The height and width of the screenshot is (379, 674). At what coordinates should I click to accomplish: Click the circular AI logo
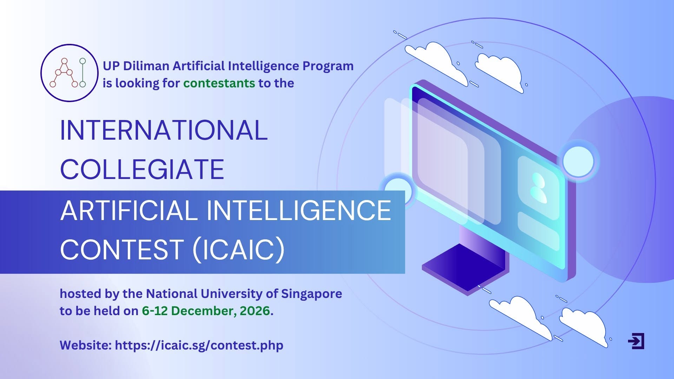tap(69, 73)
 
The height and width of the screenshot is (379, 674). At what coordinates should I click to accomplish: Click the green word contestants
tap(219, 84)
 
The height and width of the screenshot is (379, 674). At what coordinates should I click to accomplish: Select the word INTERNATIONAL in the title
tap(164, 130)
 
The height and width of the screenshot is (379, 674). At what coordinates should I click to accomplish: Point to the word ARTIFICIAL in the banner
tap(129, 210)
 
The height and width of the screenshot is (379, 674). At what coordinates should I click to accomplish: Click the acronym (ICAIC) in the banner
tap(239, 250)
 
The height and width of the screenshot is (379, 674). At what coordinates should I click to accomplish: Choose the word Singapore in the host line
tap(312, 294)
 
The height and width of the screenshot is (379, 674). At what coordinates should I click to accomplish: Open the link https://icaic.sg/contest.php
tap(199, 346)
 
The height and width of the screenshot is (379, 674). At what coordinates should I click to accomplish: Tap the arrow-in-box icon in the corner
tap(636, 341)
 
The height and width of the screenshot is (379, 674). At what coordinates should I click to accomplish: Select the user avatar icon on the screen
tap(538, 188)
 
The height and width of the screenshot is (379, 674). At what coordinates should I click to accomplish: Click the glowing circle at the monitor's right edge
tap(578, 161)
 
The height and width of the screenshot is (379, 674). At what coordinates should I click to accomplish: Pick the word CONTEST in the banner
tap(122, 250)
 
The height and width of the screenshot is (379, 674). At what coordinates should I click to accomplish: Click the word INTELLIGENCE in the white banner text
tap(299, 210)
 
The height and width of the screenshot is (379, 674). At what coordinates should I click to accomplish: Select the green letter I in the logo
tap(82, 73)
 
